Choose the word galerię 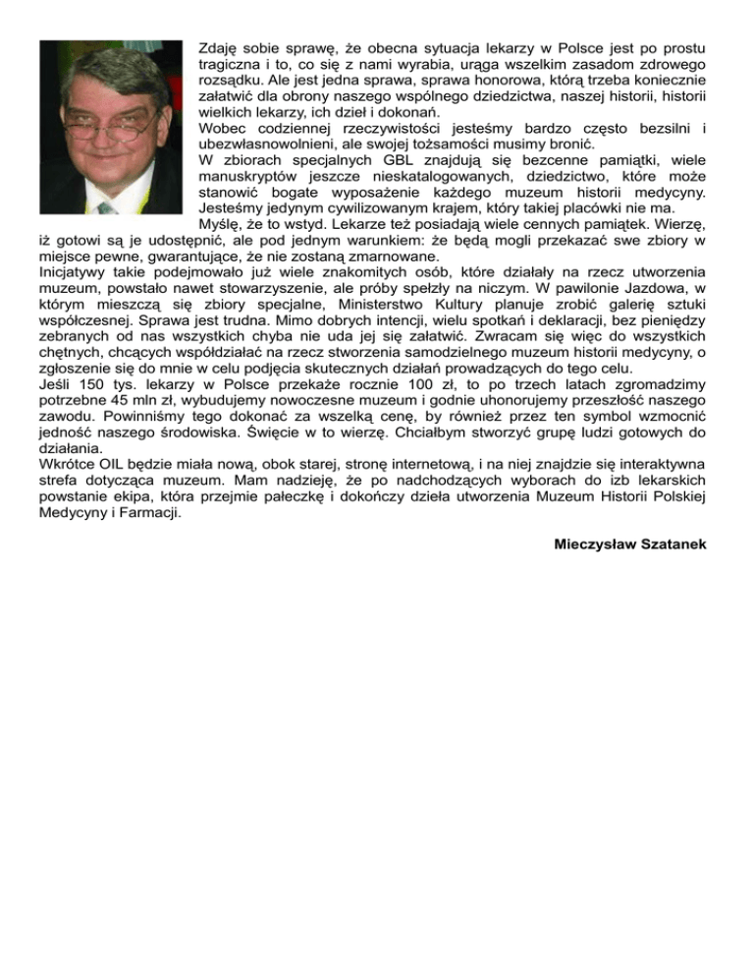tap(607, 305)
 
